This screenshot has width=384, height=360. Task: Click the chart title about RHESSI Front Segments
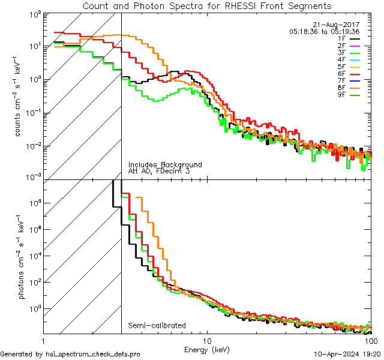[x=206, y=6]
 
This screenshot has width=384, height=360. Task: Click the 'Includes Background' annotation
[x=165, y=165]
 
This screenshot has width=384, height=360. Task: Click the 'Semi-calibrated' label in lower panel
[x=157, y=326]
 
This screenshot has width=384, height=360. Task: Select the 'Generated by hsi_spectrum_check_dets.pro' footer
[x=70, y=355]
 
